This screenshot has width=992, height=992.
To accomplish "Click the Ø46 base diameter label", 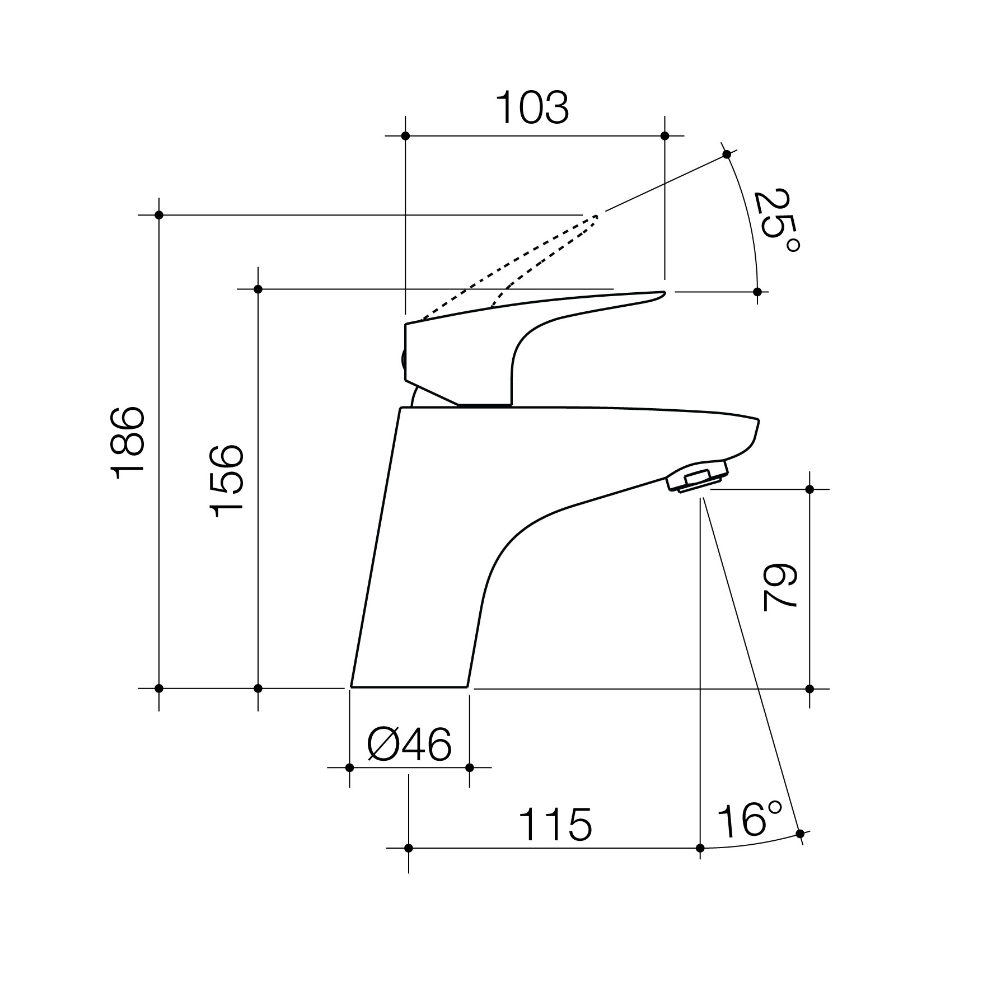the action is point(409,745).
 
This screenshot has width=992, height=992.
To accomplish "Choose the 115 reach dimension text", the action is point(554,825).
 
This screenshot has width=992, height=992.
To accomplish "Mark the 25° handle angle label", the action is point(775,222).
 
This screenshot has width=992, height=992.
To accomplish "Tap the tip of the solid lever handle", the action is point(664,293).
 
